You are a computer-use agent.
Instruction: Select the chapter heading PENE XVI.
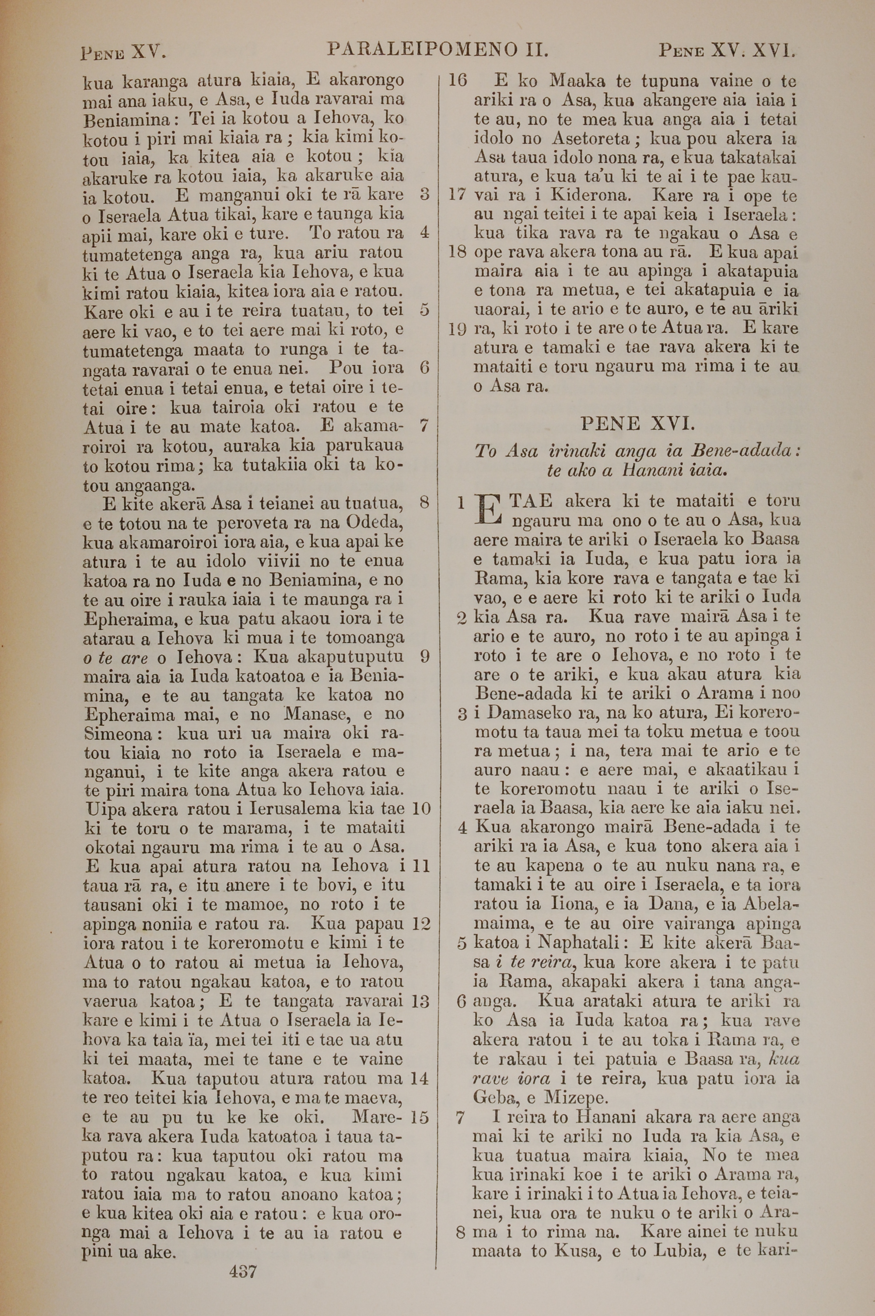(638, 424)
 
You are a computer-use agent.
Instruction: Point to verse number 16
(457, 81)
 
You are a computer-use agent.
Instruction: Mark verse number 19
(457, 329)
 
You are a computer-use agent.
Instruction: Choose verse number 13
(419, 1001)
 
